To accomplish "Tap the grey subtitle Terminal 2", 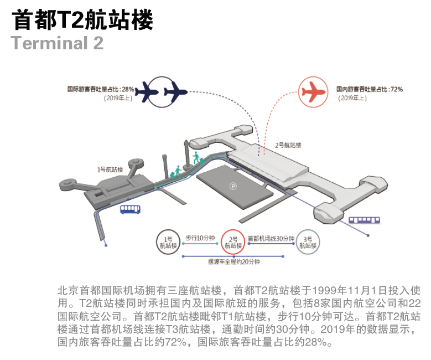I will pyautogui.click(x=57, y=43).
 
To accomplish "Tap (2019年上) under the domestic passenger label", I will pyautogui.click(x=354, y=98).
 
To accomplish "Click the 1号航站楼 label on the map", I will pyautogui.click(x=110, y=169).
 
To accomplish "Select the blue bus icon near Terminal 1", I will pyautogui.click(x=130, y=209).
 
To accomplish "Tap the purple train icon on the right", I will pyautogui.click(x=364, y=220).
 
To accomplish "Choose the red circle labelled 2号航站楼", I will pyautogui.click(x=233, y=242).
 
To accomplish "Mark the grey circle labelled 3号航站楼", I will pyautogui.click(x=308, y=242).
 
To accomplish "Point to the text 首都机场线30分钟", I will pyautogui.click(x=271, y=238).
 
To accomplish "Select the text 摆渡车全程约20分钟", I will pyautogui.click(x=233, y=261).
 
